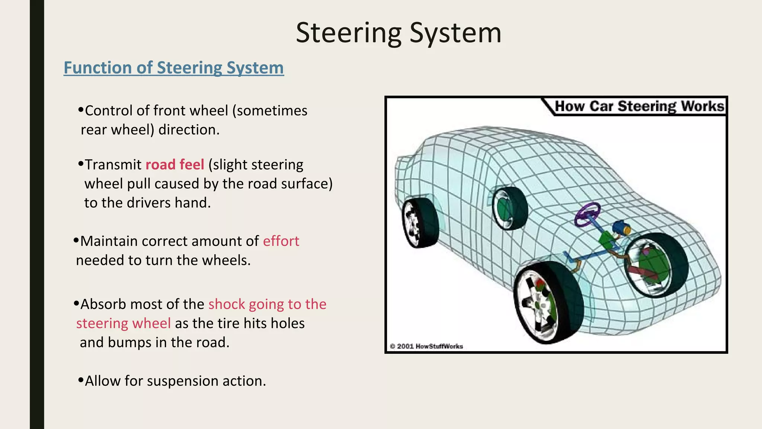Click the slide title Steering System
tap(398, 33)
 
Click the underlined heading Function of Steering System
tap(173, 68)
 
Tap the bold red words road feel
tap(175, 165)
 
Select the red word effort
tap(281, 241)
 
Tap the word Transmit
tap(113, 165)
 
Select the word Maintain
tap(109, 241)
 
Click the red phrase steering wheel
tap(124, 323)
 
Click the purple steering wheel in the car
tap(587, 214)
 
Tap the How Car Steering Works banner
tap(638, 107)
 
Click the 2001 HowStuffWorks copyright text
tap(426, 346)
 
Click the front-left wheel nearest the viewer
tap(547, 302)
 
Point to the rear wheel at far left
tap(419, 223)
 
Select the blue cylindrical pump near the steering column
tap(621, 228)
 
